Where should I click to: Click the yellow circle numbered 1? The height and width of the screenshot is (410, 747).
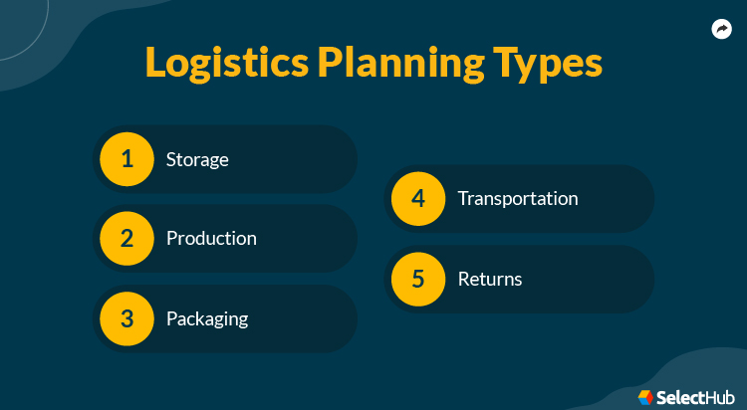pyautogui.click(x=126, y=158)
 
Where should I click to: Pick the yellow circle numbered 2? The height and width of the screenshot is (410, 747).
pyautogui.click(x=126, y=239)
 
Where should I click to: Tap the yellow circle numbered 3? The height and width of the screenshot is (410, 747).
pyautogui.click(x=126, y=319)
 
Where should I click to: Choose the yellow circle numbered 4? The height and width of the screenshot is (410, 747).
pyautogui.click(x=418, y=198)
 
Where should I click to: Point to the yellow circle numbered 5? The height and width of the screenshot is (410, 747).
pyautogui.click(x=418, y=279)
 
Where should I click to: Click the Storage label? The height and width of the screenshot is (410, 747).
pyautogui.click(x=197, y=159)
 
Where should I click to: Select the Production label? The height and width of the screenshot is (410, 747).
pyautogui.click(x=211, y=239)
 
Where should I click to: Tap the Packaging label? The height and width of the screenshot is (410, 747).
pyautogui.click(x=207, y=319)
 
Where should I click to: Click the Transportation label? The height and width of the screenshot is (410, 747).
pyautogui.click(x=517, y=198)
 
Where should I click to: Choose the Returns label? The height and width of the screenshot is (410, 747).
pyautogui.click(x=490, y=279)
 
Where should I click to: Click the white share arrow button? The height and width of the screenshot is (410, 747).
pyautogui.click(x=722, y=29)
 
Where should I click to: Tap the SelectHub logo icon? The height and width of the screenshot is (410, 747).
pyautogui.click(x=645, y=396)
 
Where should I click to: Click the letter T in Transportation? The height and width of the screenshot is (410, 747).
pyautogui.click(x=462, y=198)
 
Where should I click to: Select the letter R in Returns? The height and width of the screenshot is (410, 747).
pyautogui.click(x=463, y=279)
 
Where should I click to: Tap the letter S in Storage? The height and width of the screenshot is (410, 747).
pyautogui.click(x=171, y=159)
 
